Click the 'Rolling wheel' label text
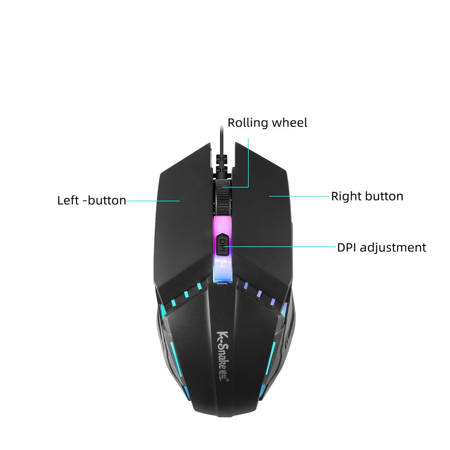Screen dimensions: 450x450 click(267, 123)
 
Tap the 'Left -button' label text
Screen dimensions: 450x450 click(91, 201)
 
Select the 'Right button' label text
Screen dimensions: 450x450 click(367, 196)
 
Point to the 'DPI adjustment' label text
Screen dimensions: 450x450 click(381, 247)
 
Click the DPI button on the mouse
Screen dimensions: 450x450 click(223, 243)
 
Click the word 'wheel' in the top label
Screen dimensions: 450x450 click(290, 123)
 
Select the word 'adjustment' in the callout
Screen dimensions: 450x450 click(393, 248)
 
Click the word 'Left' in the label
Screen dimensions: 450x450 click(68, 201)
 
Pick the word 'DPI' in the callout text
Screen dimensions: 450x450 click(347, 247)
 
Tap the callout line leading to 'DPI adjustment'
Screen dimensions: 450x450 click(281, 247)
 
